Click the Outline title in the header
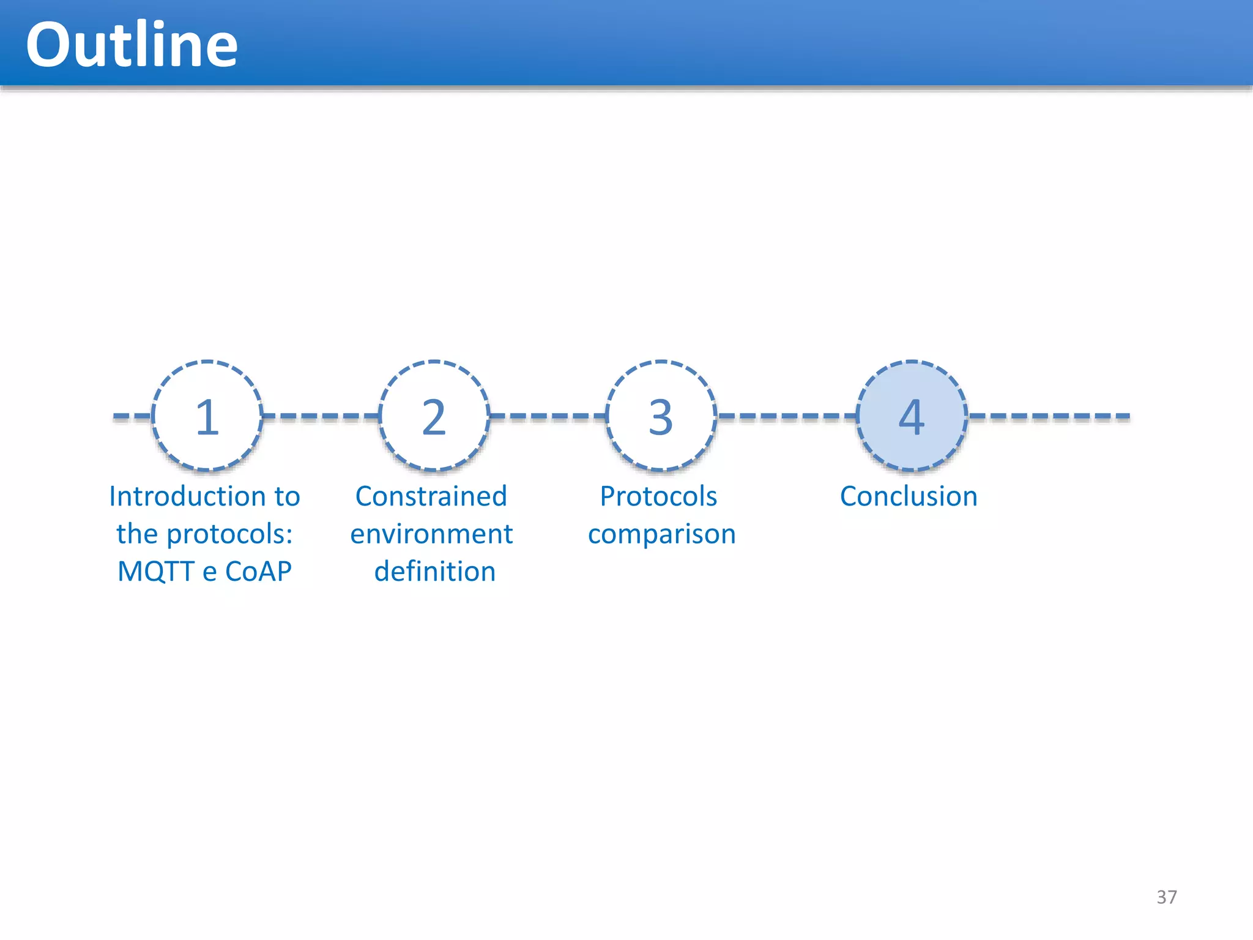pyautogui.click(x=132, y=45)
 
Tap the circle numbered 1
pyautogui.click(x=207, y=416)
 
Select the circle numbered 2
pyautogui.click(x=434, y=416)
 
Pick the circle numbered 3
pyautogui.click(x=661, y=416)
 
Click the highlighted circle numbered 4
pyautogui.click(x=912, y=416)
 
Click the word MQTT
pyautogui.click(x=157, y=572)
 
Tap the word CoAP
pyautogui.click(x=258, y=572)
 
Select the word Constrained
pyautogui.click(x=431, y=496)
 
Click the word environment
pyautogui.click(x=431, y=534)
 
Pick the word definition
pyautogui.click(x=434, y=572)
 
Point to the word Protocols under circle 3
pyautogui.click(x=658, y=496)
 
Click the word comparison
pyautogui.click(x=661, y=534)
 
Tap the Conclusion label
pyautogui.click(x=909, y=496)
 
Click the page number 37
pyautogui.click(x=1167, y=897)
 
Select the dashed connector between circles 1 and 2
pyautogui.click(x=321, y=416)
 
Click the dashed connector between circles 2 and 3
pyautogui.click(x=548, y=416)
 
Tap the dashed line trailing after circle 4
pyautogui.click(x=1049, y=416)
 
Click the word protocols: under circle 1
pyautogui.click(x=229, y=534)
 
